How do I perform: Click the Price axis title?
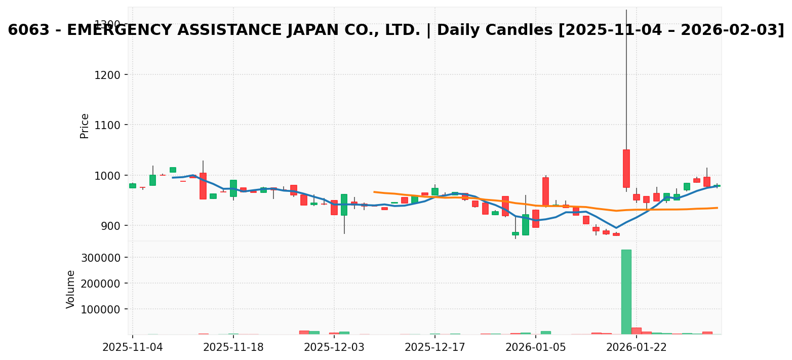[x=85, y=126]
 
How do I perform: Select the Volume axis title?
[x=71, y=289]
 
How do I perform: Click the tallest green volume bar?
[x=626, y=292]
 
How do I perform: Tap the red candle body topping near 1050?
[x=626, y=169]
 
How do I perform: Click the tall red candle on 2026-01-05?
[x=546, y=192]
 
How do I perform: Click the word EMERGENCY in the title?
[x=122, y=30]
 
